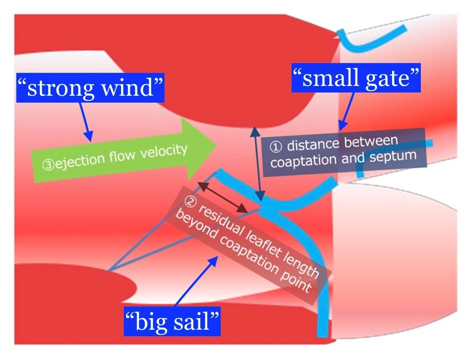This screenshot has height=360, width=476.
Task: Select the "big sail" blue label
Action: point(173,321)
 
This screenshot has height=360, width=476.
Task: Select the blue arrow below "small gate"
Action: point(347,110)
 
